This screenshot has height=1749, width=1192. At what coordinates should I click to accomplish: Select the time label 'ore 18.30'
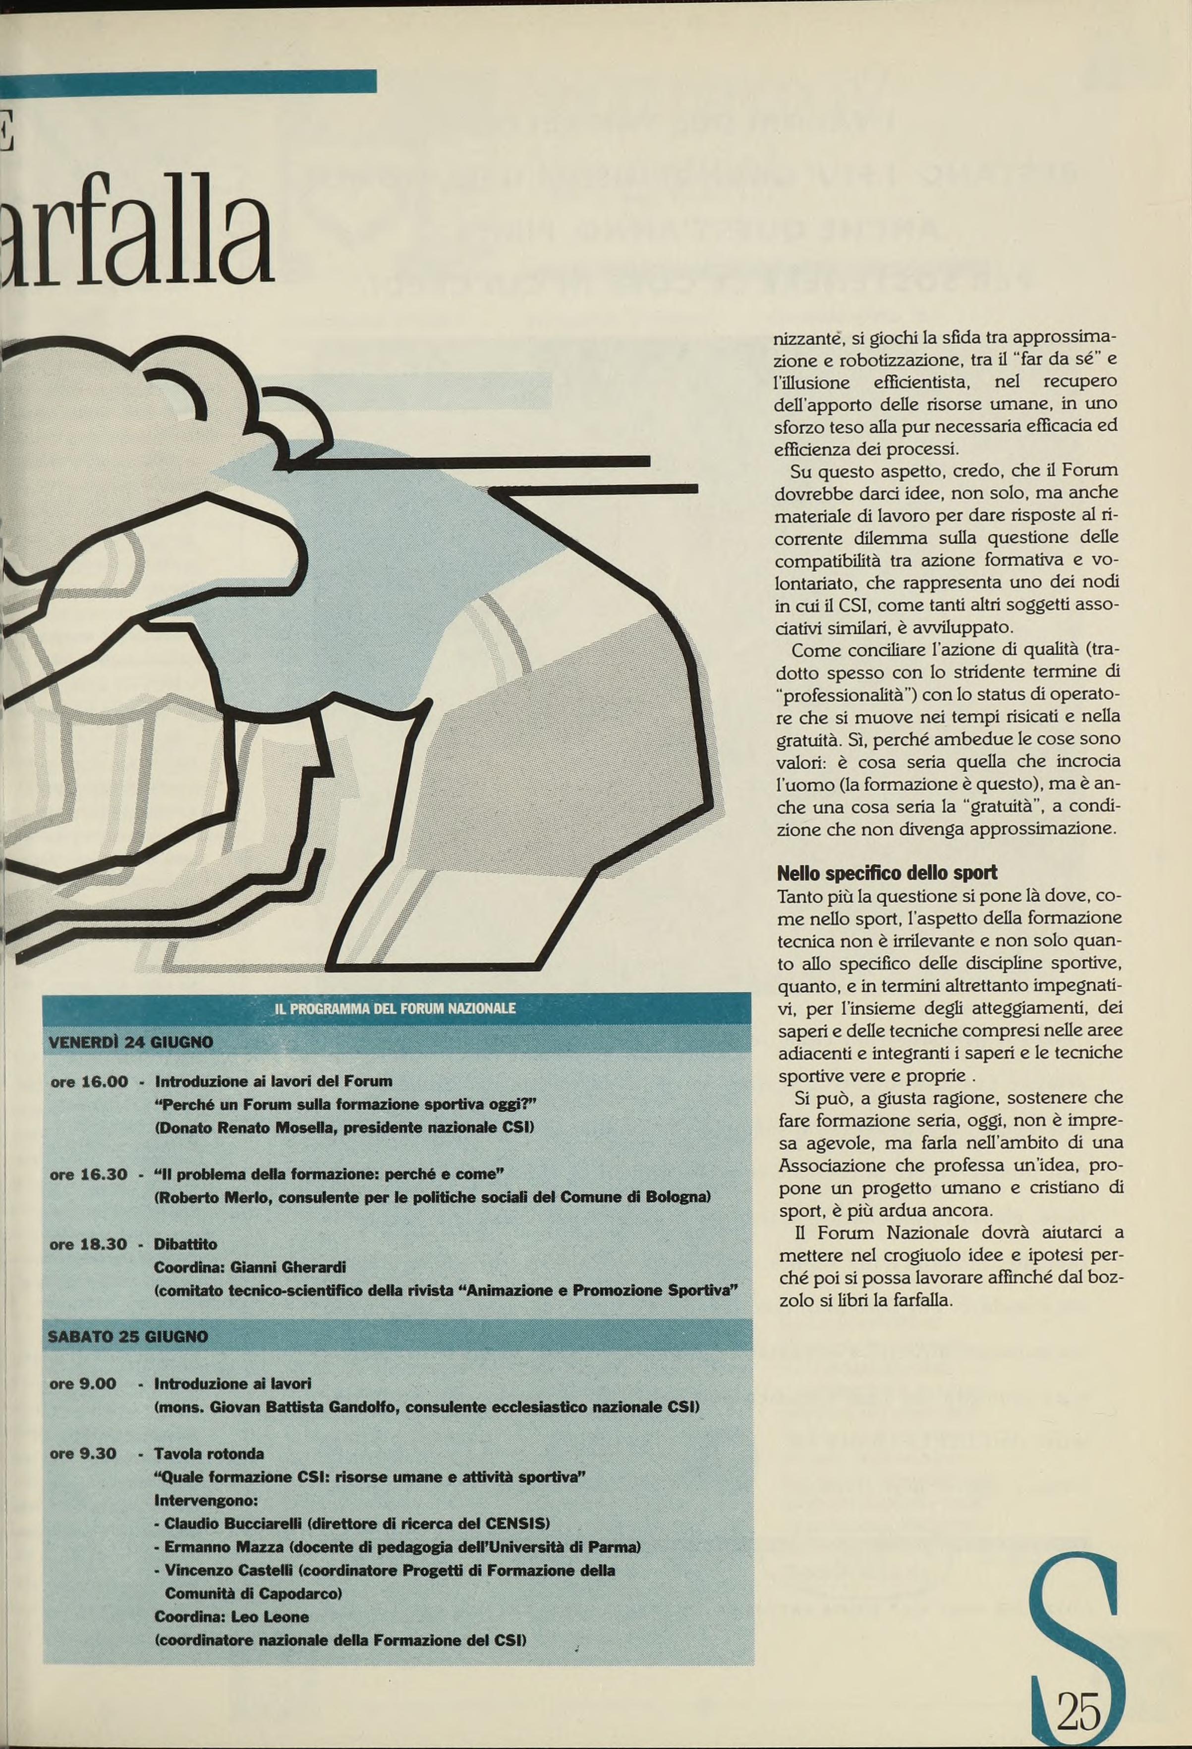pyautogui.click(x=89, y=1244)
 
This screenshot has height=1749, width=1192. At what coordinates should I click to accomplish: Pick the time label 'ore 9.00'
pyautogui.click(x=83, y=1383)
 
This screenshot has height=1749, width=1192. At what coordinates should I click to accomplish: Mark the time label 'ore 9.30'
pyautogui.click(x=83, y=1453)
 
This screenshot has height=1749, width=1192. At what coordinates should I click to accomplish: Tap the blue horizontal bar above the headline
pyautogui.click(x=188, y=80)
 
